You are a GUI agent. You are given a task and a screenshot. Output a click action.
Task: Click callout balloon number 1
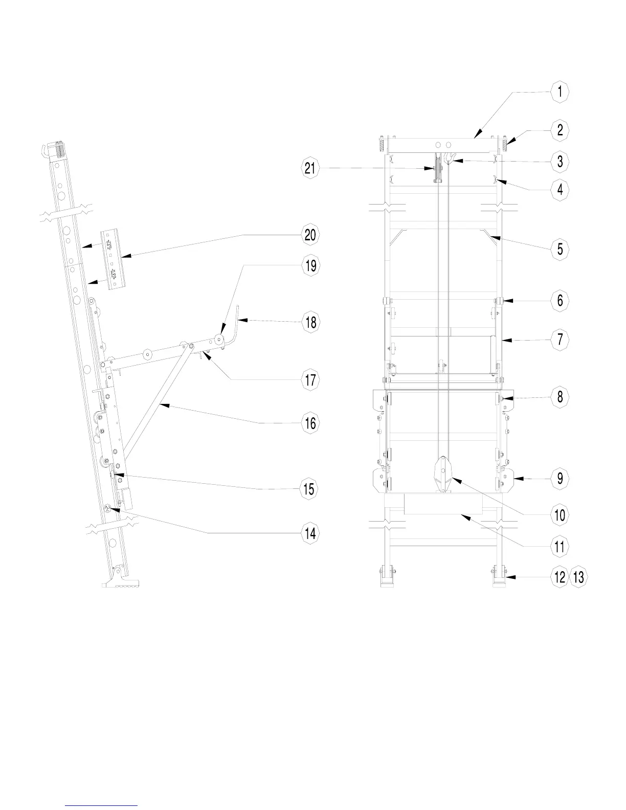coord(560,92)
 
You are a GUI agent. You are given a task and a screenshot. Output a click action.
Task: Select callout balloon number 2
coord(560,130)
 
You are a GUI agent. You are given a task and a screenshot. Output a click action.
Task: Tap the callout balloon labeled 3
coord(560,161)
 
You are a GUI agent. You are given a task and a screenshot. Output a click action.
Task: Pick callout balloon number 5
coord(560,249)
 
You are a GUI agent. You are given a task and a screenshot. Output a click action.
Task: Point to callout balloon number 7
coord(560,339)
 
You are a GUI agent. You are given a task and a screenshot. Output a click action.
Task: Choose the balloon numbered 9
coord(560,478)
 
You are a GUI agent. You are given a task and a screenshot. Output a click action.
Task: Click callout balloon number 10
coord(560,514)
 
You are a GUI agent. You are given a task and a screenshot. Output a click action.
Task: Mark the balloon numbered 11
coord(560,546)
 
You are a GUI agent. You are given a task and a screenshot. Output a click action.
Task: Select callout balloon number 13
coord(578,577)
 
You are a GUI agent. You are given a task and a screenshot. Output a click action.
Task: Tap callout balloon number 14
coord(310,534)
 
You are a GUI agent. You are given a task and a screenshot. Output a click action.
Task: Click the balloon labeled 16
coord(310,423)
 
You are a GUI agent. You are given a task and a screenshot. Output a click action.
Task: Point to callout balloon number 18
coord(310,322)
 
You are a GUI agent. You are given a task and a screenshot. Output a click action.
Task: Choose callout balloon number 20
coord(310,235)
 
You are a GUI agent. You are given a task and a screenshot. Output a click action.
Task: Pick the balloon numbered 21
coord(310,168)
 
